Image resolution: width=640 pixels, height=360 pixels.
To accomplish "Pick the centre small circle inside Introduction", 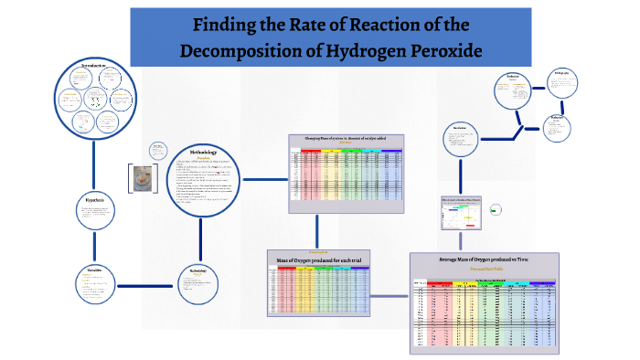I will tap(95, 98).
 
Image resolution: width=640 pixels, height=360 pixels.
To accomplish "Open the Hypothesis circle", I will tap(95, 212).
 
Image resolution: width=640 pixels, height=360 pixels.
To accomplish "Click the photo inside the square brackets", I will tap(142, 180).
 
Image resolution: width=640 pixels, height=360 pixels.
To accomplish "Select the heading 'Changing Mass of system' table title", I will tap(345, 138).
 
